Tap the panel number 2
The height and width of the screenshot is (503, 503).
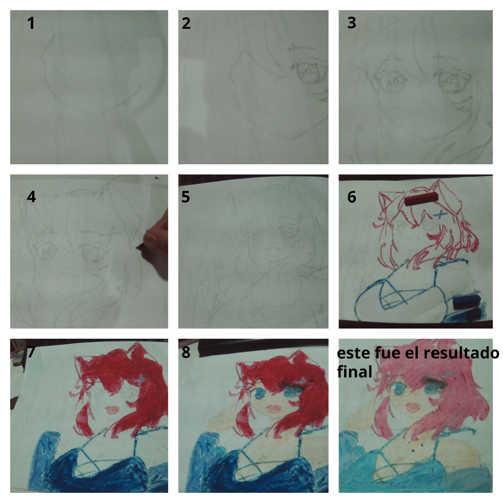(186, 23)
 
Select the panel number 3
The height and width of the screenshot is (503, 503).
(352, 23)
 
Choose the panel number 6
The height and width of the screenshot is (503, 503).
(352, 197)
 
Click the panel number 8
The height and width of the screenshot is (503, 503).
(186, 352)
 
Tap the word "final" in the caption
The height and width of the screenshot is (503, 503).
(354, 371)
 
